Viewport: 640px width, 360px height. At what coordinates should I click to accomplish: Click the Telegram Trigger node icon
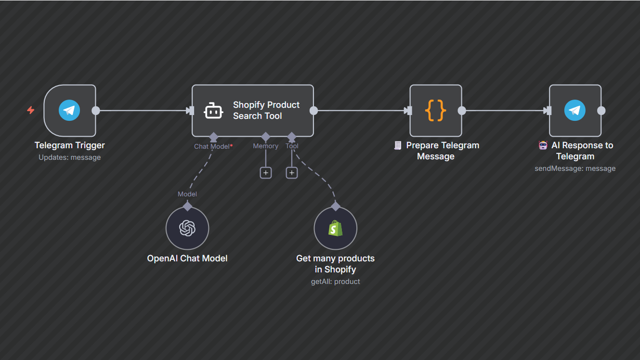coord(69,111)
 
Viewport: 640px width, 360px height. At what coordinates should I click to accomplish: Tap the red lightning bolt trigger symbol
coord(30,110)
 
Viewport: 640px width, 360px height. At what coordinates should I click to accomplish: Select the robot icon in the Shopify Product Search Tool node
coord(213,111)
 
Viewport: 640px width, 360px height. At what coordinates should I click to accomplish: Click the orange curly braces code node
coord(435,111)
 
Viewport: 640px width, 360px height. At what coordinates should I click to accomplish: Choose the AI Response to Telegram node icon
coord(575,111)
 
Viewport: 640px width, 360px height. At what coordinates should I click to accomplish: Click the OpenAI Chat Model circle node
coord(187,228)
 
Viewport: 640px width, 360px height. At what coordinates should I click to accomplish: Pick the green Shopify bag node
coord(335,228)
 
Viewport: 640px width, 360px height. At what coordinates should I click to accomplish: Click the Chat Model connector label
coord(212,146)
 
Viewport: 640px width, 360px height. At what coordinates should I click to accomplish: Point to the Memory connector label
coord(265,146)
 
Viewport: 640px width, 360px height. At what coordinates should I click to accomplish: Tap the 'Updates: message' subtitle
coord(70,157)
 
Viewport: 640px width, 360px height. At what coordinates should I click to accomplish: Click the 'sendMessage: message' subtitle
coord(575,168)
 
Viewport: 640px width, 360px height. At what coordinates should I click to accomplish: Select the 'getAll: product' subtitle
coord(335,282)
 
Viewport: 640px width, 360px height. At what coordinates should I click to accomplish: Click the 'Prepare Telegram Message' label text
coord(442,151)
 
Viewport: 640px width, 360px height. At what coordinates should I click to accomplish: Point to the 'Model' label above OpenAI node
coord(187,194)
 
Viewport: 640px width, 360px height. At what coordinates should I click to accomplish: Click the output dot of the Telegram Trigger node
coord(96,111)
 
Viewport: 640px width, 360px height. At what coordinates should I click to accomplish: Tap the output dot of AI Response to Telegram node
coord(601,111)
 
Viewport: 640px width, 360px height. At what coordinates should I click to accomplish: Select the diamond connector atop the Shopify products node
coord(336,206)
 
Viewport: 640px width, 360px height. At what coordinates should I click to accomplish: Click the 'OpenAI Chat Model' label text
coord(187,258)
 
